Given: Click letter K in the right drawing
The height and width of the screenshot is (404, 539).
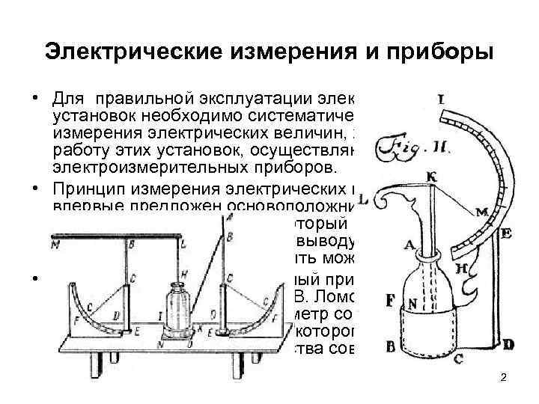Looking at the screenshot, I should (x=432, y=175).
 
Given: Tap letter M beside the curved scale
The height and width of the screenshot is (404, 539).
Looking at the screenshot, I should (x=481, y=213).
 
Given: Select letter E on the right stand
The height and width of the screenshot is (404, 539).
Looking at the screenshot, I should (x=507, y=233).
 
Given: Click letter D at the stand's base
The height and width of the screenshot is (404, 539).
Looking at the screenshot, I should (x=509, y=344).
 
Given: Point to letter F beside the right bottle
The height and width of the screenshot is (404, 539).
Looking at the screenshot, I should (x=389, y=301).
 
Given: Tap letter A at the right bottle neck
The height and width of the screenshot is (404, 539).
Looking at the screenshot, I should (x=409, y=244).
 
